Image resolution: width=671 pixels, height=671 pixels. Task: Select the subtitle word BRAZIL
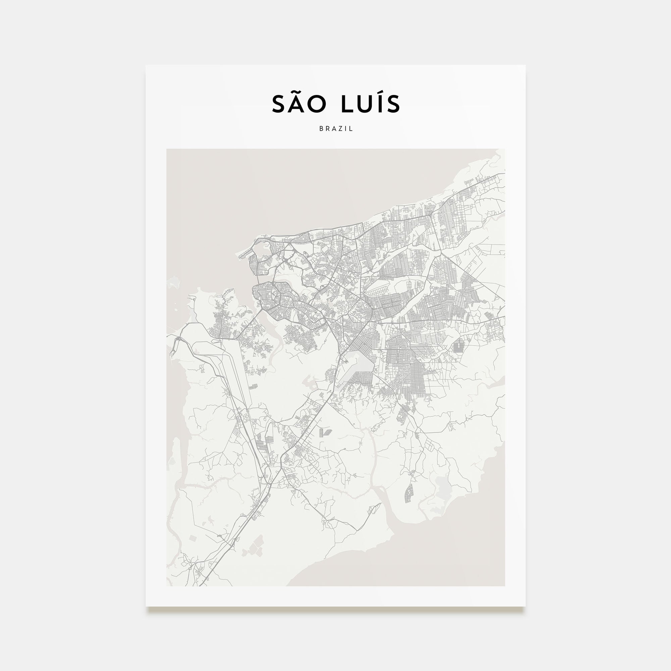point(336,128)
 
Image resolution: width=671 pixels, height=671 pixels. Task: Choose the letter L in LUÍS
point(345,104)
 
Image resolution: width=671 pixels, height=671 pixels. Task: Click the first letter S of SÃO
point(280,104)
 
